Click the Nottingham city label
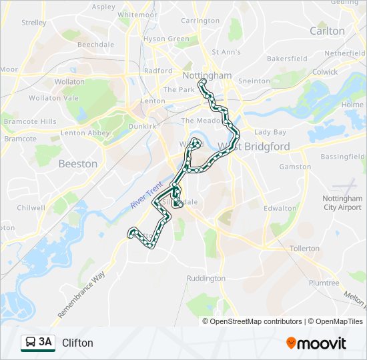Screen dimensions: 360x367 pyautogui.click(x=206, y=76)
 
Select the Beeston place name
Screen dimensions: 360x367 pyautogui.click(x=77, y=163)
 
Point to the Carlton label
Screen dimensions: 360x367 pyautogui.click(x=327, y=31)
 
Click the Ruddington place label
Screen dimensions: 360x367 pyautogui.click(x=206, y=278)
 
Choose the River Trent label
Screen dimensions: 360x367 pyautogui.click(x=143, y=195)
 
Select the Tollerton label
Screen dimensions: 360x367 pyautogui.click(x=304, y=248)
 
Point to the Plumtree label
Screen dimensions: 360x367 pyautogui.click(x=324, y=283)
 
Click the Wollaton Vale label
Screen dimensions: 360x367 pyautogui.click(x=45, y=97)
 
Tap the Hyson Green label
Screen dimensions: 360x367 pyautogui.click(x=166, y=39)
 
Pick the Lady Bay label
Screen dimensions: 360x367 pyautogui.click(x=270, y=132)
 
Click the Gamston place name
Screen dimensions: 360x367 pyautogui.click(x=295, y=167)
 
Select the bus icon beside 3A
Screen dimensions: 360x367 pyautogui.click(x=30, y=343)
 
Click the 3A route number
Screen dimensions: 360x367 pyautogui.click(x=45, y=342)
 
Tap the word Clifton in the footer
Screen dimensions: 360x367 pyautogui.click(x=77, y=343)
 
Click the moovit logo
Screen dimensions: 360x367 pyautogui.click(x=316, y=343)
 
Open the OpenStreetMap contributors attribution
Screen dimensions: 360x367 pyautogui.click(x=254, y=321)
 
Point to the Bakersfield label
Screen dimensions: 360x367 pyautogui.click(x=287, y=59)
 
